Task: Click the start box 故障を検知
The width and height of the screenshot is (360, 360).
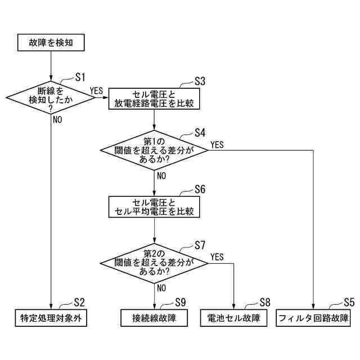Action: pos(51,42)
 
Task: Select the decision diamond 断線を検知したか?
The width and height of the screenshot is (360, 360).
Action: pos(51,97)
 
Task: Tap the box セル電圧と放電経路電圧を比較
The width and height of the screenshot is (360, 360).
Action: pos(154,98)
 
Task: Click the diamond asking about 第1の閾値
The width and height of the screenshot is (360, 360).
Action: pos(154,150)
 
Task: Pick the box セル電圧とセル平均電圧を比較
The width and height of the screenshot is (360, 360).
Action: pos(154,207)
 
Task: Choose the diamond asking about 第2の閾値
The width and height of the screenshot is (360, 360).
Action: pos(154,262)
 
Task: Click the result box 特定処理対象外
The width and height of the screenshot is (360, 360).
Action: pos(51,318)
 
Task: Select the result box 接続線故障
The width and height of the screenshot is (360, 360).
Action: pos(154,318)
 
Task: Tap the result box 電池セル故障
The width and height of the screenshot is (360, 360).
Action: pos(233,318)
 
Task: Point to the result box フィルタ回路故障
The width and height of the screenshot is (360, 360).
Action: pos(313,318)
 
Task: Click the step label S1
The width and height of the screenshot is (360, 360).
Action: pos(80,77)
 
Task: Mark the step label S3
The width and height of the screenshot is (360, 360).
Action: pos(200,80)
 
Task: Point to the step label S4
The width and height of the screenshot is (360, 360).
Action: pos(200,133)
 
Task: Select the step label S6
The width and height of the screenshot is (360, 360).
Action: pos(200,189)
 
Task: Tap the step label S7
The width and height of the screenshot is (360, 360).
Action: pos(200,245)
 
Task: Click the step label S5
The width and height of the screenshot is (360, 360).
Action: pos(349,302)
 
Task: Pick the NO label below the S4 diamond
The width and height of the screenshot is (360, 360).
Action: pos(161,175)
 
